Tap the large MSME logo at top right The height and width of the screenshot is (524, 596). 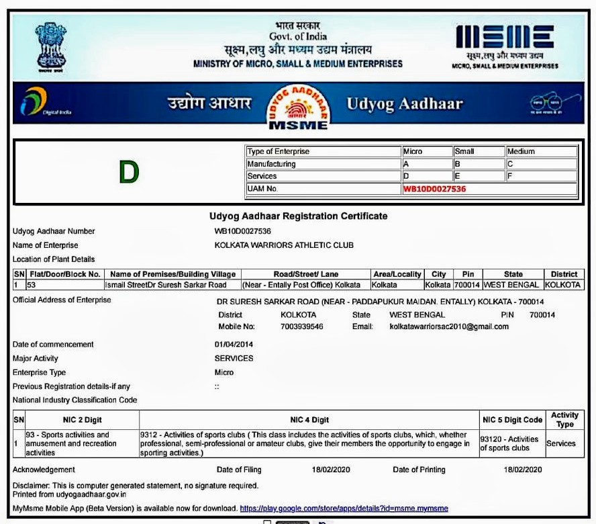505,39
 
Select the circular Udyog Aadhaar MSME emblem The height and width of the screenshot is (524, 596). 299,106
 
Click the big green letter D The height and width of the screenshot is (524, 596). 129,173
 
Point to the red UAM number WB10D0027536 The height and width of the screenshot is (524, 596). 434,189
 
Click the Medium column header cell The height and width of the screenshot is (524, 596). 541,151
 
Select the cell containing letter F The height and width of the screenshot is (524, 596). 541,176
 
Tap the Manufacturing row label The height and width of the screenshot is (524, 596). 272,164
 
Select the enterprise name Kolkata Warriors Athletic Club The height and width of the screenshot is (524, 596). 284,245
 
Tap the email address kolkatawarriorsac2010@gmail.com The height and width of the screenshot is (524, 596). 449,326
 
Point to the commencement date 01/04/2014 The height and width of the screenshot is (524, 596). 234,345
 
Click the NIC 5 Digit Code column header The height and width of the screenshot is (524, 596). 512,420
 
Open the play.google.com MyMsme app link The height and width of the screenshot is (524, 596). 344,509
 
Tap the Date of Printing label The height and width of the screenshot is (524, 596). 419,470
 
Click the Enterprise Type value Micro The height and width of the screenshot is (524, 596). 224,372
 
